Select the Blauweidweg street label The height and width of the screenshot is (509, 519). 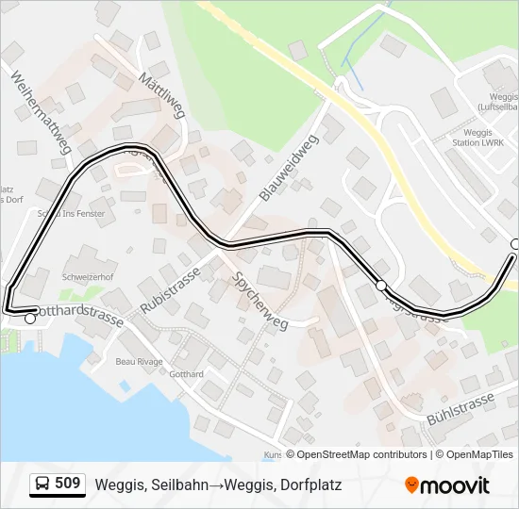tap(288, 167)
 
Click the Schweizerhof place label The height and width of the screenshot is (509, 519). tap(88, 278)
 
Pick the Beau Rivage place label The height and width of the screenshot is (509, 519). tap(139, 362)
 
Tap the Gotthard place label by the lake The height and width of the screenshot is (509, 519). tap(186, 374)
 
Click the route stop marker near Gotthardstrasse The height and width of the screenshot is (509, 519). tap(30, 319)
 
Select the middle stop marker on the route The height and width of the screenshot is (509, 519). tap(380, 285)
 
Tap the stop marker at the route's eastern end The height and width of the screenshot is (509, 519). tap(515, 244)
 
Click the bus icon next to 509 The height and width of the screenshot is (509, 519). tap(42, 484)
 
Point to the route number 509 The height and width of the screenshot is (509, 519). tap(68, 484)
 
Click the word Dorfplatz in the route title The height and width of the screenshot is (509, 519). tap(308, 484)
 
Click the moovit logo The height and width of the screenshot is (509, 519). tap(447, 484)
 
